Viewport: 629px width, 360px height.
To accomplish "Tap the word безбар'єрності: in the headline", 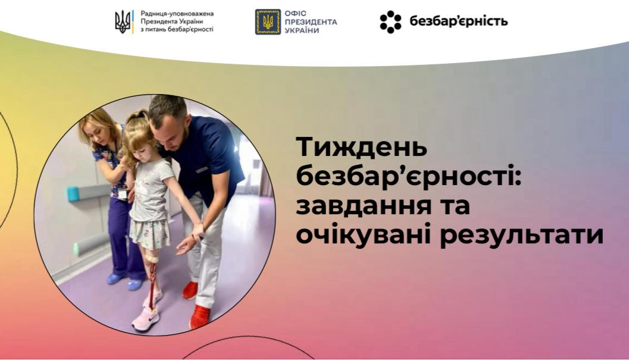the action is [x=409, y=177].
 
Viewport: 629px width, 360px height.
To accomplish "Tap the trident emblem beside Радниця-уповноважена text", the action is [x=124, y=21].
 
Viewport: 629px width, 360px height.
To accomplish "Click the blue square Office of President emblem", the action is [x=268, y=21].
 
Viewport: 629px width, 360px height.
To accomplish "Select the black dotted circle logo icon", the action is [x=390, y=21].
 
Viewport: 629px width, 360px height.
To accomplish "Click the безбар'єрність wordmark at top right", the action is [x=459, y=21].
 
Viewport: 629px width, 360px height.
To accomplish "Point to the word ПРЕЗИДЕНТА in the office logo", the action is [x=311, y=21].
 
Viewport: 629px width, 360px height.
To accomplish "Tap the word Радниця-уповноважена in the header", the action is [x=177, y=14].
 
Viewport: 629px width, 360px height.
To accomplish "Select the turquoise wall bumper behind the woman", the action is [x=83, y=193].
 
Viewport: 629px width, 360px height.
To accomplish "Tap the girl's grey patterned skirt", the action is [x=150, y=233].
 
